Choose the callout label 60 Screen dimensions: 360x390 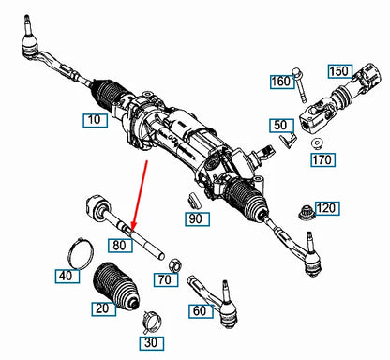tap(200, 309)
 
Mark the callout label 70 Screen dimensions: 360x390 tap(165, 278)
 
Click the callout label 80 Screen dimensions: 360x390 tap(118, 246)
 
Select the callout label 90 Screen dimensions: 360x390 tap(195, 218)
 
